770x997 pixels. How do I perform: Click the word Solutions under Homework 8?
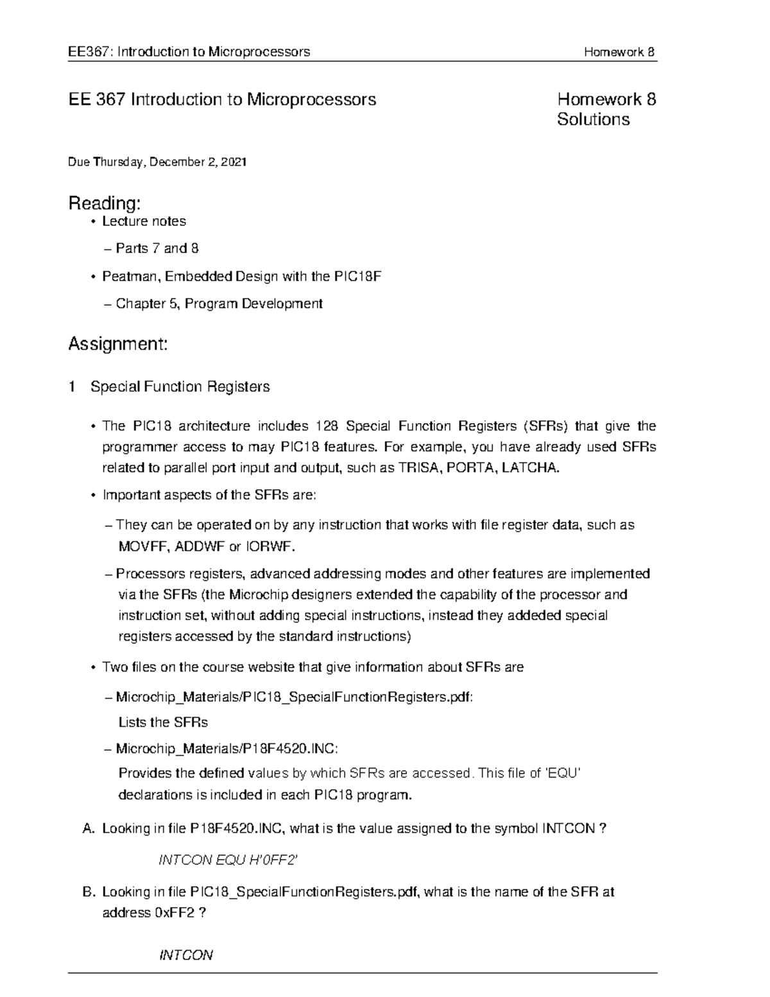pos(593,120)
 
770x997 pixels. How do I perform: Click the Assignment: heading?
pos(117,344)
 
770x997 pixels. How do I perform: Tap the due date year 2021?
pos(233,162)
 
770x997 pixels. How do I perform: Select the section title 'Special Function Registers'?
pos(180,386)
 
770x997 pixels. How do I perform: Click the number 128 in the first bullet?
pos(327,426)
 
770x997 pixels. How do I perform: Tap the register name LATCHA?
pos(530,468)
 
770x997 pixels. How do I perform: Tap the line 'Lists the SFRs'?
pos(163,722)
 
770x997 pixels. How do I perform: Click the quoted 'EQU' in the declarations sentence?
pos(562,774)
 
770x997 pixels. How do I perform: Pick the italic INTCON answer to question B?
pos(185,955)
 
